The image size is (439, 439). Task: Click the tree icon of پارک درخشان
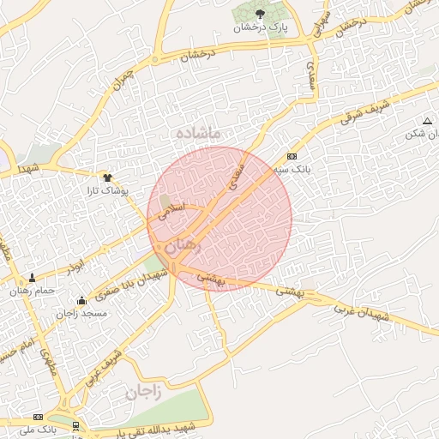[260, 13]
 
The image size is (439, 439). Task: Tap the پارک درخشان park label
[262, 27]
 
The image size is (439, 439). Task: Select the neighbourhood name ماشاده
[198, 133]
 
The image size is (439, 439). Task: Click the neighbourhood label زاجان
[144, 393]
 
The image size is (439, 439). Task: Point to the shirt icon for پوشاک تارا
[106, 177]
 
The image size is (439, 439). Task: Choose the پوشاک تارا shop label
[107, 189]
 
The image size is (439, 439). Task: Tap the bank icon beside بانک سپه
[292, 156]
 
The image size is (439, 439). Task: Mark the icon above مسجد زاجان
[81, 300]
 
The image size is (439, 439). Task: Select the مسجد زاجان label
[82, 314]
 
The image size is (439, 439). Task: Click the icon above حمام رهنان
[33, 278]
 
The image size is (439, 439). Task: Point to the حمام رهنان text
[33, 291]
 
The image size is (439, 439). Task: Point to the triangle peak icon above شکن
[427, 121]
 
